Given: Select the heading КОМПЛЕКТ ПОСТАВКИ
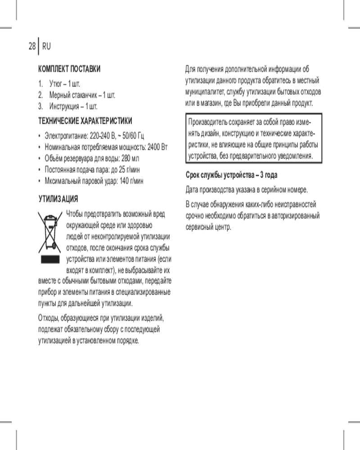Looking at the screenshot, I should [69, 69].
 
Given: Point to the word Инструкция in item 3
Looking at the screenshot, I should [67, 107].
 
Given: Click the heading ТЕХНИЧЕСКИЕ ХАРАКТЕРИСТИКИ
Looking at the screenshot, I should [85, 121].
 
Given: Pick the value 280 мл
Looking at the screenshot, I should [131, 158].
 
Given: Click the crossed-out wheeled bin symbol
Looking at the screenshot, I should [50, 232].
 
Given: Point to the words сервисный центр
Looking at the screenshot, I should [208, 226].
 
